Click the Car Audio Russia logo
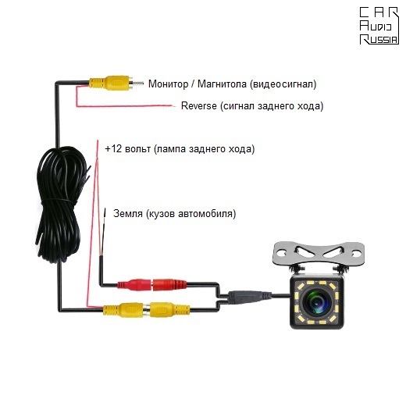[x=379, y=26]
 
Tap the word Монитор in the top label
[x=168, y=84]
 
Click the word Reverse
[x=198, y=106]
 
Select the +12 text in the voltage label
[x=113, y=149]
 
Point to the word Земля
[x=128, y=214]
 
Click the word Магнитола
[x=222, y=84]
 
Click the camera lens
[x=317, y=302]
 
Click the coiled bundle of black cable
[x=62, y=205]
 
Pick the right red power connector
[x=169, y=284]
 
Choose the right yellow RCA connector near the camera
[x=170, y=309]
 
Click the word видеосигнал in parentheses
[x=283, y=84]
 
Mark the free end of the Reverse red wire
[x=173, y=106]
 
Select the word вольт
[x=137, y=149]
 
